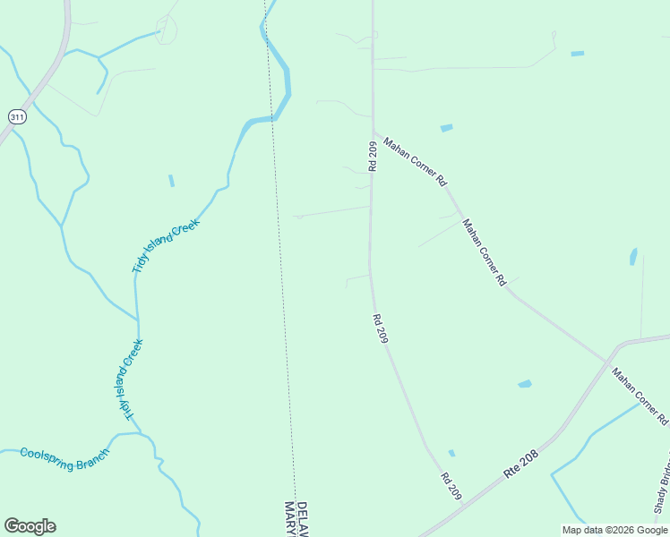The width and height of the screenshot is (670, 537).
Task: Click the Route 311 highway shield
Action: pyautogui.click(x=17, y=116)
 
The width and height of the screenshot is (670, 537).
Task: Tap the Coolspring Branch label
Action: pyautogui.click(x=64, y=453)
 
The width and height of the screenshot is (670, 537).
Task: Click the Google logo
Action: pyautogui.click(x=30, y=526)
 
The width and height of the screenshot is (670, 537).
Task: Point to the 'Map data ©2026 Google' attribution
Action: pyautogui.click(x=615, y=530)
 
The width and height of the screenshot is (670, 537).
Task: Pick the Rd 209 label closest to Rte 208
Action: pyautogui.click(x=451, y=486)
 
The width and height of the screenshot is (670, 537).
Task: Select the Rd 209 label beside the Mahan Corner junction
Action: pyautogui.click(x=373, y=156)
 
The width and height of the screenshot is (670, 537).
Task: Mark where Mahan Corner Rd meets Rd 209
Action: pyautogui.click(x=373, y=131)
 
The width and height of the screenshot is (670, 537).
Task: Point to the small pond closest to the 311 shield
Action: pyautogui.click(x=171, y=181)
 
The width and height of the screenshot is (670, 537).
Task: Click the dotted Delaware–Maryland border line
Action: pyautogui.click(x=280, y=268)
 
